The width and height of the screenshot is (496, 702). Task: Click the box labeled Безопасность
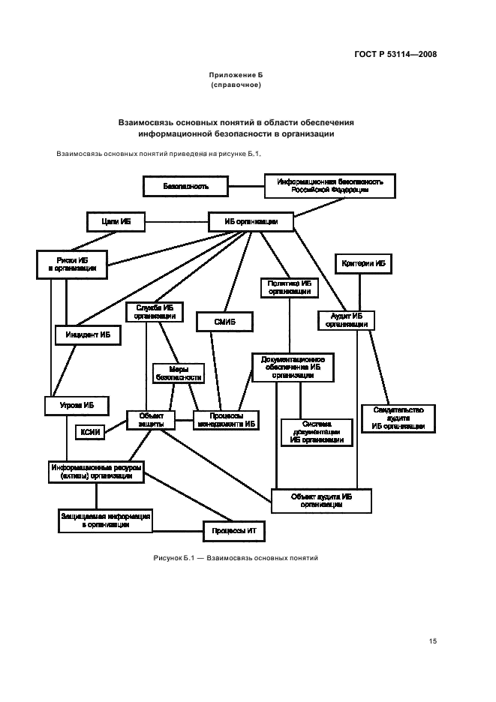point(186,186)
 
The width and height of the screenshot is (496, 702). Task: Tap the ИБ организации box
point(250,221)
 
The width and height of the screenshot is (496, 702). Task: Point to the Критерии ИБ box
point(363,264)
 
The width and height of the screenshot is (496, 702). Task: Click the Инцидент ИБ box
point(88,335)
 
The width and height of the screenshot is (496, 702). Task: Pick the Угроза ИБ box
point(78,405)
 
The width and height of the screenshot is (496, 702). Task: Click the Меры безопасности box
point(177,373)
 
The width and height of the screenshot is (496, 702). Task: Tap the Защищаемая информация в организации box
point(106,520)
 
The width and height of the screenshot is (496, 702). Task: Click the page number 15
point(432,640)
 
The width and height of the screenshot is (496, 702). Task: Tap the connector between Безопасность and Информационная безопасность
point(247,186)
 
